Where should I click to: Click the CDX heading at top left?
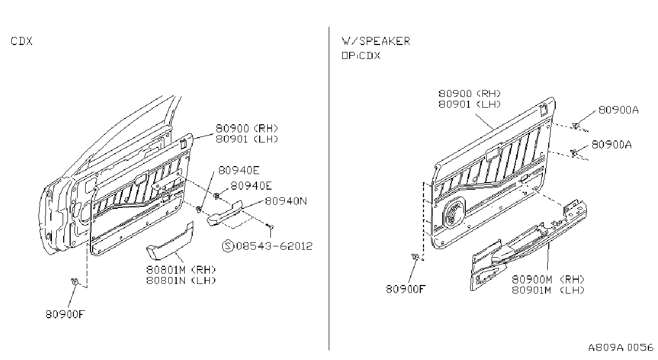pyautogui.click(x=21, y=41)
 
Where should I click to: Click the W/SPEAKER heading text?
pyautogui.click(x=376, y=41)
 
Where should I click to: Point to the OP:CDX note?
pyautogui.click(x=361, y=56)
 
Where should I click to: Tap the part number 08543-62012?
pyautogui.click(x=274, y=246)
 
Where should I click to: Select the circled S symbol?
pyautogui.click(x=228, y=246)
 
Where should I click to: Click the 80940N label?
pyautogui.click(x=286, y=201)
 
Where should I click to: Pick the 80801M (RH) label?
pyautogui.click(x=181, y=270)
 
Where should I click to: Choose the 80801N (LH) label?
pyautogui.click(x=181, y=280)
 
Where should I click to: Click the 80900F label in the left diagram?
pyautogui.click(x=65, y=314)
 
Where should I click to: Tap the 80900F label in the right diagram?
pyautogui.click(x=406, y=289)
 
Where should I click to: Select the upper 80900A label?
pyautogui.click(x=618, y=110)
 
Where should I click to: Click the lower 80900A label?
pyautogui.click(x=611, y=145)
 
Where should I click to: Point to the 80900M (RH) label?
pyautogui.click(x=548, y=280)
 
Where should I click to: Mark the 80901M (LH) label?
pyautogui.click(x=548, y=290)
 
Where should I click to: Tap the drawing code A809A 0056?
pyautogui.click(x=621, y=348)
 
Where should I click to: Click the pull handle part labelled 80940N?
pyautogui.click(x=225, y=213)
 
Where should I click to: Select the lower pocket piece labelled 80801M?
pyautogui.click(x=170, y=241)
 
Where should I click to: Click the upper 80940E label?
pyautogui.click(x=239, y=170)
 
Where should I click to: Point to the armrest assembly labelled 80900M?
pyautogui.click(x=529, y=245)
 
